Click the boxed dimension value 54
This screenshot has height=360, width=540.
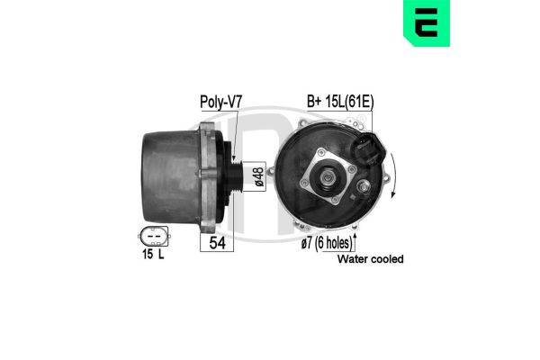click(x=217, y=241)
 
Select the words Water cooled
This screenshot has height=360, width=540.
click(x=370, y=259)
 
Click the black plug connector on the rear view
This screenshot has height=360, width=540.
click(x=369, y=148)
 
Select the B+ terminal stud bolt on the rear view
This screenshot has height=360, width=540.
click(x=363, y=187)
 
